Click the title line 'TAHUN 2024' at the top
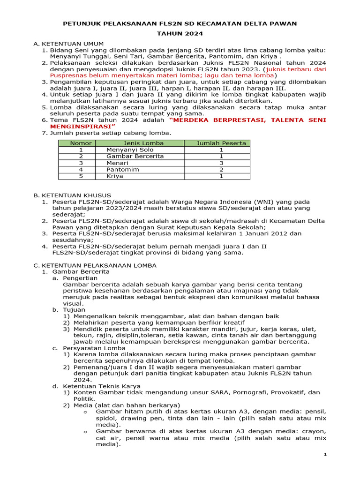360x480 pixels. (x=180, y=34)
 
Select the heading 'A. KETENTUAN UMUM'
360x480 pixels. (x=68, y=44)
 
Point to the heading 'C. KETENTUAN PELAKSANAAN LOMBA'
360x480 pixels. (x=95, y=265)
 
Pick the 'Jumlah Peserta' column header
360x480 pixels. (x=221, y=143)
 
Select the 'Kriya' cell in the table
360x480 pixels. (x=115, y=176)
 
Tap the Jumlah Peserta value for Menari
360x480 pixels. (x=221, y=163)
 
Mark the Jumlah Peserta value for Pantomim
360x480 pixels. (x=221, y=169)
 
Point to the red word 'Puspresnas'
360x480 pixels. (x=67, y=75)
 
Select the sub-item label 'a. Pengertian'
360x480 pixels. (x=75, y=278)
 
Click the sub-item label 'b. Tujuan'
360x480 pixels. (x=69, y=310)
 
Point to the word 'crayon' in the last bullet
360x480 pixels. (x=315, y=431)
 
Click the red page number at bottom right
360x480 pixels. (x=326, y=455)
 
